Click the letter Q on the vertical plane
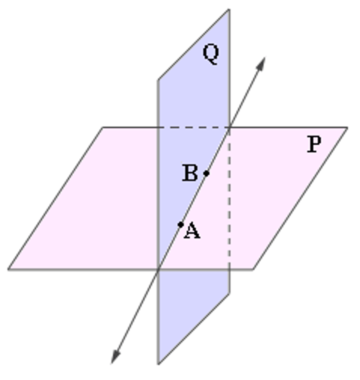pos(211,54)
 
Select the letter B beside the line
pos(190,173)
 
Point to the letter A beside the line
pos(192,231)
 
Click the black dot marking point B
pos(206,173)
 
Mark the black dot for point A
pos(181,225)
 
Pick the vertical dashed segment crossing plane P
pos(229,199)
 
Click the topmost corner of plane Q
pos(229,9)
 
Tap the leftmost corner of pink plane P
pos(8,269)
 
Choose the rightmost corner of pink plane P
pos(347,127)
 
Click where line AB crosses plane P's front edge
pos(158,269)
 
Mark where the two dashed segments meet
pos(229,127)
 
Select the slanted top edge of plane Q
pos(194,44)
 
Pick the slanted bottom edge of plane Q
pos(194,329)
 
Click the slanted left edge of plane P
pos(55,199)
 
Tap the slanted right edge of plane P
pos(301,199)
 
